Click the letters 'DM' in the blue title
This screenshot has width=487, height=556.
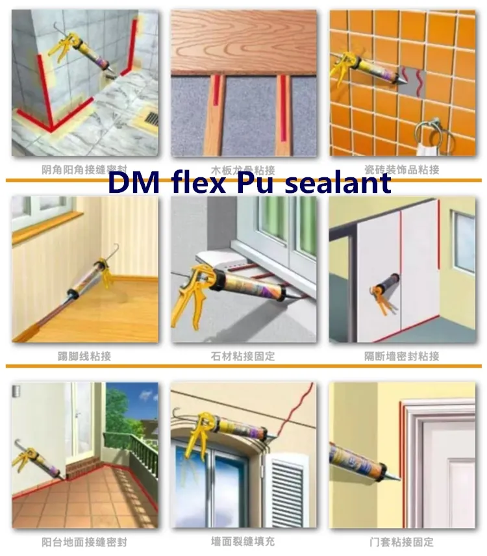click(x=129, y=183)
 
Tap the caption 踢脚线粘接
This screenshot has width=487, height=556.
click(x=84, y=356)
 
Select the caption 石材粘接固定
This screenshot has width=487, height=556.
click(x=243, y=356)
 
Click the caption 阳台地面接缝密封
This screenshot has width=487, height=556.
click(x=84, y=542)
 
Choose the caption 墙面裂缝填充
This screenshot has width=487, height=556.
click(x=243, y=542)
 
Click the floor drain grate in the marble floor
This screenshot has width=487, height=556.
click(x=149, y=119)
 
